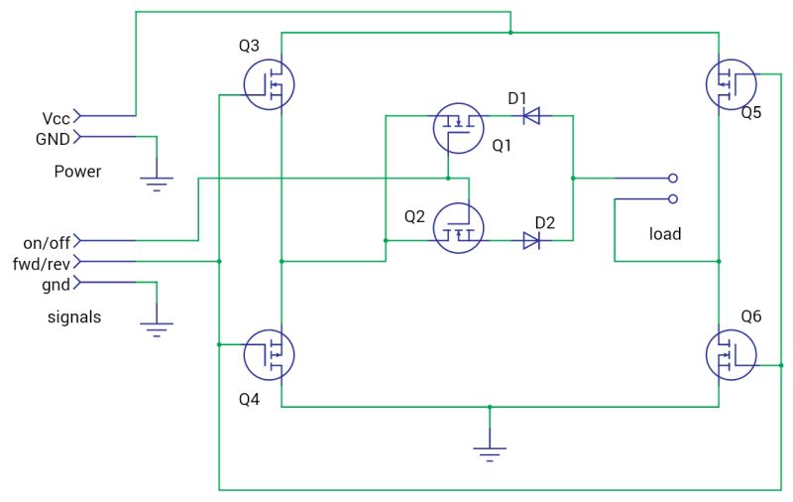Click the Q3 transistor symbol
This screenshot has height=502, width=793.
click(269, 84)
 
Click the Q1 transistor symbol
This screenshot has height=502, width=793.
click(458, 128)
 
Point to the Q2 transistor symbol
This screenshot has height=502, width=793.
click(458, 227)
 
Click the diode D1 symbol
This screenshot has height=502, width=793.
click(531, 117)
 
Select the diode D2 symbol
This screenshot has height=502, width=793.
click(531, 240)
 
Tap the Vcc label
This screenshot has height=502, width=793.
click(56, 117)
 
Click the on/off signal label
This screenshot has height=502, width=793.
click(47, 242)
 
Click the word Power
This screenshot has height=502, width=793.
click(77, 172)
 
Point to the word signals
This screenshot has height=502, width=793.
click(74, 317)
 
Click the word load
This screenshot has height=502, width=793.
click(664, 235)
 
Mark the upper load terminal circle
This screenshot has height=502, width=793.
click(673, 179)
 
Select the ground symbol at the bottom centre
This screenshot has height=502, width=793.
click(489, 453)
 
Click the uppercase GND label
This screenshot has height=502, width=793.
click(53, 139)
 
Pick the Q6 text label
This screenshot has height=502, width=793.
click(751, 316)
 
